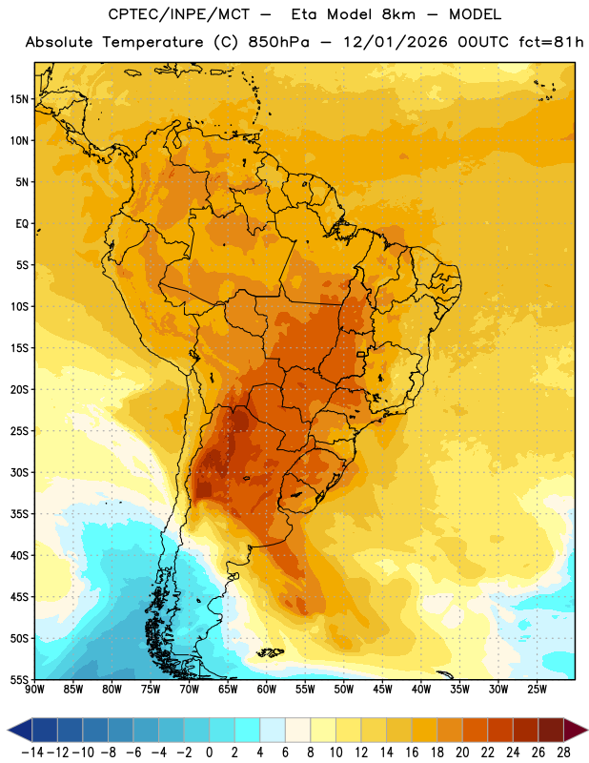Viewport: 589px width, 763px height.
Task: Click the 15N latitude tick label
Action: tap(19, 99)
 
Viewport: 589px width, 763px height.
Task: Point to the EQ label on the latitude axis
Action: tap(22, 224)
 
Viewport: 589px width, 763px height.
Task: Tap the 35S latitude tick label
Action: tap(19, 514)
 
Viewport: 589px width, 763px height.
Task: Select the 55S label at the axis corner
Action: tap(19, 679)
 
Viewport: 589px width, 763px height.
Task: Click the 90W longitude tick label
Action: tap(35, 690)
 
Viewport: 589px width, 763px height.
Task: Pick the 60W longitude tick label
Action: tap(267, 690)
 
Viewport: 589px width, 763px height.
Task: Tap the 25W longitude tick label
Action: tap(537, 690)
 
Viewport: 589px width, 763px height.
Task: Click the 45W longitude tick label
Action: tap(382, 690)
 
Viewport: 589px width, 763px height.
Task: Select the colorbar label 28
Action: tap(563, 753)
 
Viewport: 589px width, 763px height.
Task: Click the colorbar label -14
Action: tap(32, 753)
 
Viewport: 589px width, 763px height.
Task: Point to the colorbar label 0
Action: tap(209, 753)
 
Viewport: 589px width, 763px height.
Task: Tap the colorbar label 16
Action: tap(412, 753)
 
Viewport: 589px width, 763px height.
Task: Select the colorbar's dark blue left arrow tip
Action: tap(8, 730)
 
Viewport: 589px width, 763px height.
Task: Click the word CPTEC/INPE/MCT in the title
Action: tap(179, 14)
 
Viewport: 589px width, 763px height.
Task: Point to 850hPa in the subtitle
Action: tap(278, 42)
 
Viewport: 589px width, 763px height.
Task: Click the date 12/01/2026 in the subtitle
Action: tap(396, 42)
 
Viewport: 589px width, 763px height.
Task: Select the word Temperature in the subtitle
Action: tap(152, 43)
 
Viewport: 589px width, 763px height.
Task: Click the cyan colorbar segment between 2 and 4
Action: tap(247, 730)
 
